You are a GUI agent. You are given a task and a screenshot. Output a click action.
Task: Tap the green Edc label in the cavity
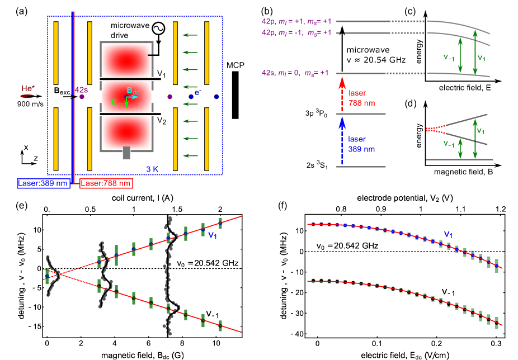coord(119,103)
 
